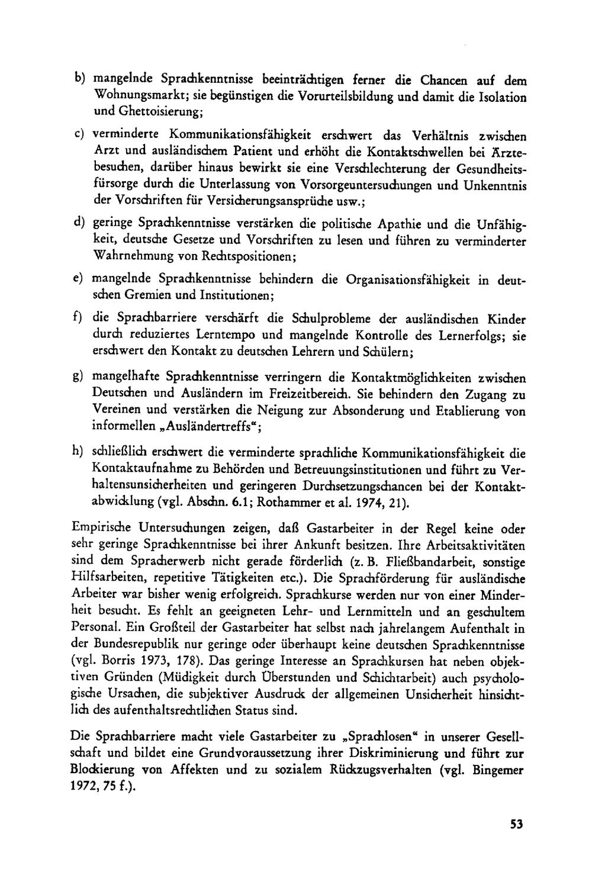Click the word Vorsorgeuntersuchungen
tap(367, 185)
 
